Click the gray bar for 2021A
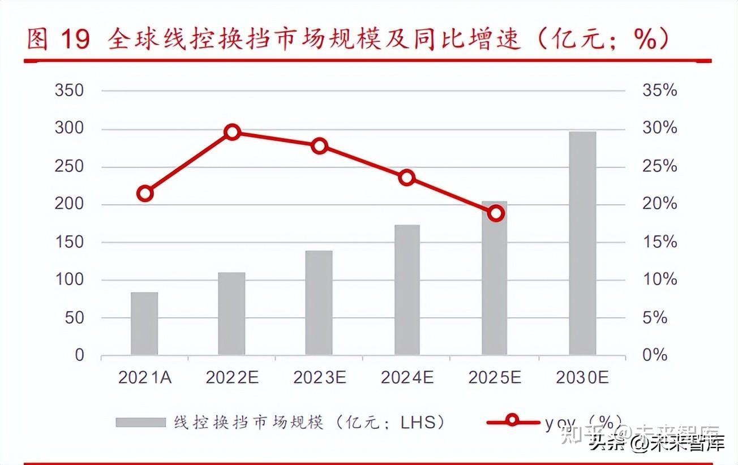click(144, 324)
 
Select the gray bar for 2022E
click(231, 314)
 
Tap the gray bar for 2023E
click(319, 303)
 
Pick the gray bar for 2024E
click(407, 290)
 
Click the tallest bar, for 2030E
click(582, 243)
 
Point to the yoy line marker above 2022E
click(232, 132)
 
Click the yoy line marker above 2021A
click(145, 193)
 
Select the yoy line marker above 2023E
click(320, 146)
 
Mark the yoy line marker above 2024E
click(407, 178)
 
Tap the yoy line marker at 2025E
click(496, 213)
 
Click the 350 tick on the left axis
click(69, 91)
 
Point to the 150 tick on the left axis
click(69, 242)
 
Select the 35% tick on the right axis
click(659, 91)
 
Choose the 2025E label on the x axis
click(495, 378)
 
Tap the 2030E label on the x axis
click(582, 378)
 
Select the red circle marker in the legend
click(513, 421)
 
